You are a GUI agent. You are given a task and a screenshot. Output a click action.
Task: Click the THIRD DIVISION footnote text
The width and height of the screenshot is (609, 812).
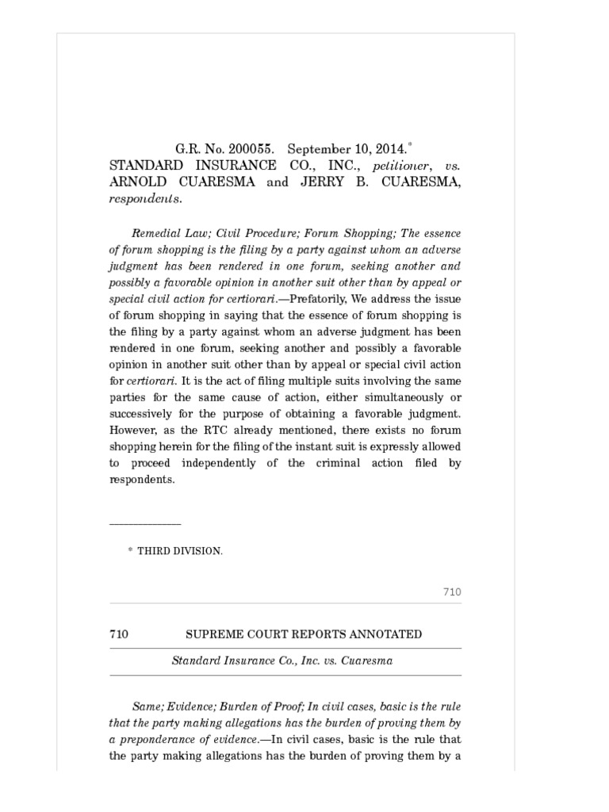180,551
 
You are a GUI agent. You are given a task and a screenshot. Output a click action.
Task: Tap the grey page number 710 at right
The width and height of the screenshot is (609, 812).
452,592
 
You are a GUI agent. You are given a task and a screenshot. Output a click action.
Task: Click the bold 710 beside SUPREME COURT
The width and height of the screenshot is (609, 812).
119,634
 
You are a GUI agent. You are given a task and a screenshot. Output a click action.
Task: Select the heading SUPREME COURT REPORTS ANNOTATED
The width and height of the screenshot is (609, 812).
304,634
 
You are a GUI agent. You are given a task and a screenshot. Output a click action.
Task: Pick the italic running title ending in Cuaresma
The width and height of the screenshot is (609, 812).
283,661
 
